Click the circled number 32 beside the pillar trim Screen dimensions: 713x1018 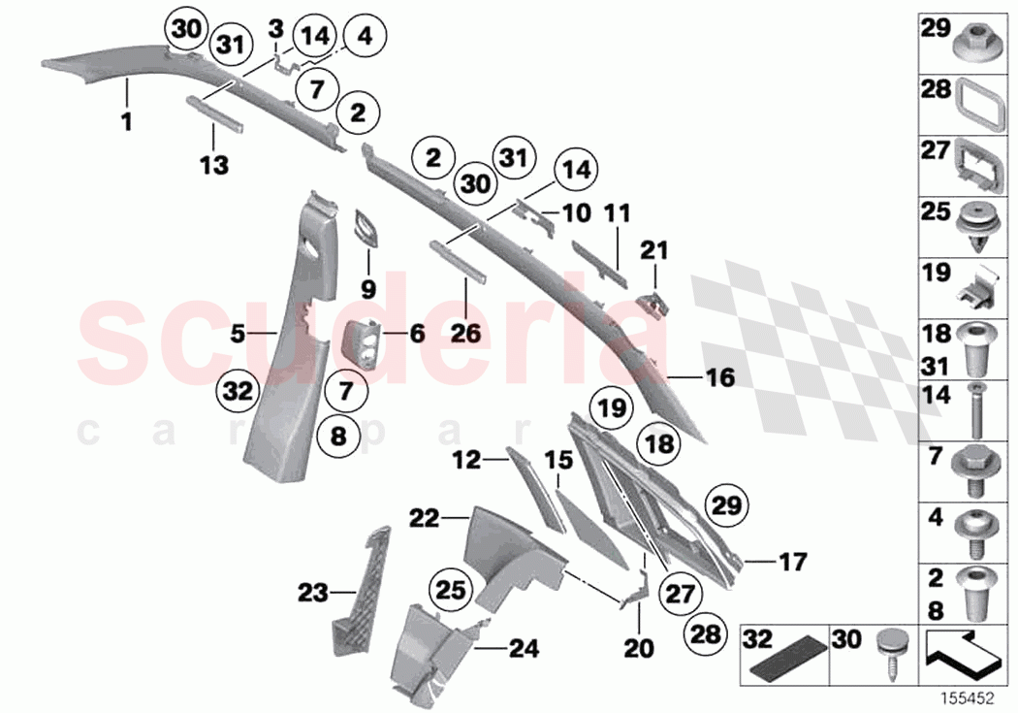point(238,392)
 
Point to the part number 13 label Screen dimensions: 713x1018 point(214,165)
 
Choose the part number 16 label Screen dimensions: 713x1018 point(719,376)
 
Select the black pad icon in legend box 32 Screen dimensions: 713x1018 point(784,661)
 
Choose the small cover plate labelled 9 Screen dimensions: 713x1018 point(368,229)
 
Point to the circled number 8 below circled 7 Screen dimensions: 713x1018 point(337,437)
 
